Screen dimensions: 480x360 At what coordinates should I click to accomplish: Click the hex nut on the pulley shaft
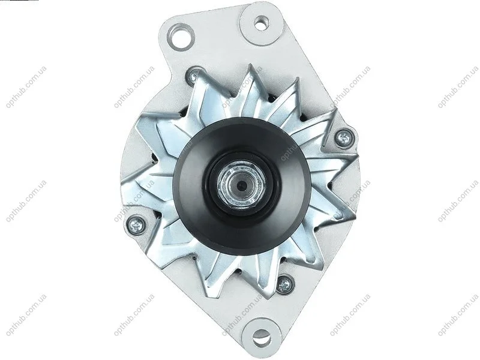coord(242,185)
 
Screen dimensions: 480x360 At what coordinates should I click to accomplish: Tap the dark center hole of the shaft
coord(242,185)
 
